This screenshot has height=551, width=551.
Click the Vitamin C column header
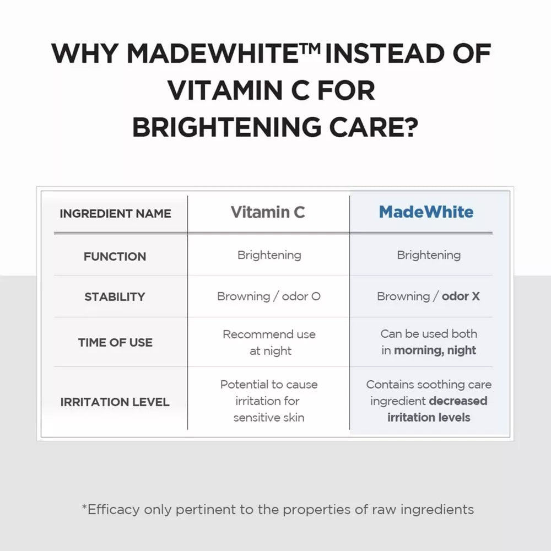pyautogui.click(x=268, y=212)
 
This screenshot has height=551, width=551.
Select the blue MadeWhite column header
pyautogui.click(x=426, y=212)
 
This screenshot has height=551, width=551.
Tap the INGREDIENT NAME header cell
pyautogui.click(x=115, y=214)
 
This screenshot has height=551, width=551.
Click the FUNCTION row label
pyautogui.click(x=115, y=257)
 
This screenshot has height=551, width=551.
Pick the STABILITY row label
pyautogui.click(x=115, y=297)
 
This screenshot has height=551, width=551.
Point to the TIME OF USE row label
pyautogui.click(x=115, y=342)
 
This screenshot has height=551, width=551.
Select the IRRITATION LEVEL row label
pyautogui.click(x=115, y=402)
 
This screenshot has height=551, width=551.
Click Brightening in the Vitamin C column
pyautogui.click(x=269, y=256)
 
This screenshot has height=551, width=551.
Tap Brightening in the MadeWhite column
pyautogui.click(x=429, y=256)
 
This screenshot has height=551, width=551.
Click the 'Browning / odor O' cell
pyautogui.click(x=269, y=296)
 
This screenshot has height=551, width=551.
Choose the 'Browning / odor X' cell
pyautogui.click(x=428, y=296)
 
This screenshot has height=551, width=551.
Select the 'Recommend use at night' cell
pyautogui.click(x=269, y=343)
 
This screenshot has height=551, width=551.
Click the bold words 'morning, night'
pyautogui.click(x=435, y=350)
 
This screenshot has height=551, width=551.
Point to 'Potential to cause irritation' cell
pyautogui.click(x=269, y=401)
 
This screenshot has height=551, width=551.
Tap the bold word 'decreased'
pyautogui.click(x=458, y=401)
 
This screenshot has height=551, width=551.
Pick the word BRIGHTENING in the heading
pyautogui.click(x=226, y=127)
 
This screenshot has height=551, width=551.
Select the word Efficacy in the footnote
pyautogui.click(x=114, y=510)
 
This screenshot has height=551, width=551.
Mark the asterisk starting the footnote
pyautogui.click(x=84, y=507)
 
